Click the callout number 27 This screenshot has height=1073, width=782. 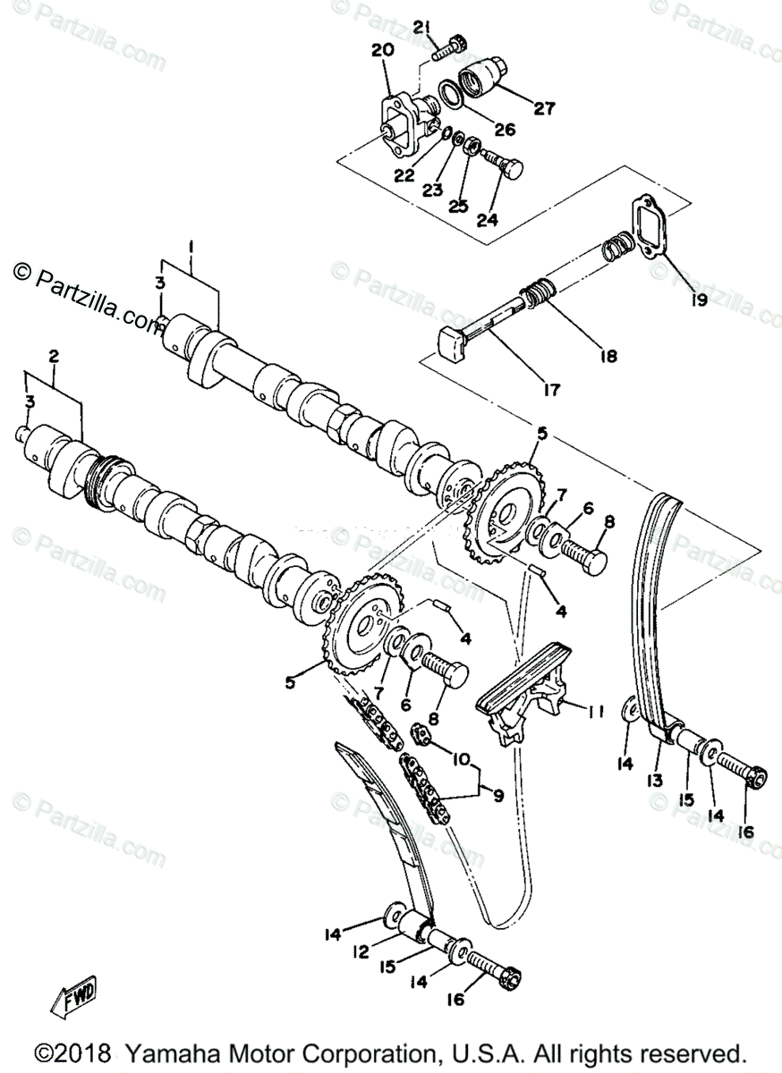click(x=545, y=109)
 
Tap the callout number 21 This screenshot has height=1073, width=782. click(x=421, y=29)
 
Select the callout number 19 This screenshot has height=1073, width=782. click(x=699, y=300)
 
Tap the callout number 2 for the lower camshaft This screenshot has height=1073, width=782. click(x=54, y=356)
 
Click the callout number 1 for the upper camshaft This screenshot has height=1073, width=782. click(x=191, y=245)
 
